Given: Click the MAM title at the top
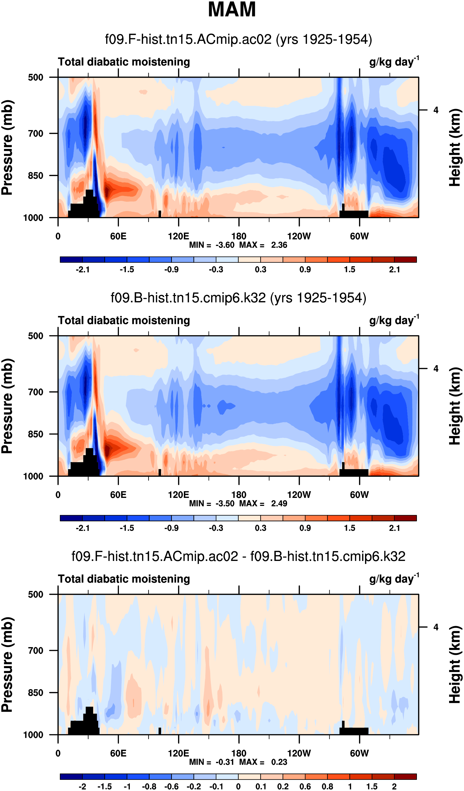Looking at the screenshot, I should [232, 9].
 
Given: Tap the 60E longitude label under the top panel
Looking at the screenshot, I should [118, 236].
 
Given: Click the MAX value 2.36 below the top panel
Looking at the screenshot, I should [279, 245].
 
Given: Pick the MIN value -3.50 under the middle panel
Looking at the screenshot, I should [225, 504].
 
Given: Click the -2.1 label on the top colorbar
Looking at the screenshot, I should [82, 270].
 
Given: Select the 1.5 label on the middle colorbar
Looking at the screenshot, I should [349, 528].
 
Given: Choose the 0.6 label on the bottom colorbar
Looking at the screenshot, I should [305, 786].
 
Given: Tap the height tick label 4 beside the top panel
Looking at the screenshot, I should [436, 110].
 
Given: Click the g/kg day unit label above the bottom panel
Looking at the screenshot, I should [394, 579].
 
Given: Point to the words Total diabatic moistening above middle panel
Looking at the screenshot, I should [124, 320].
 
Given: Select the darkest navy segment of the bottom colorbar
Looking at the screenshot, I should [71, 777].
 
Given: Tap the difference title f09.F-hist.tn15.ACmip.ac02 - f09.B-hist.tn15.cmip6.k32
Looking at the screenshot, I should [238, 556].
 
